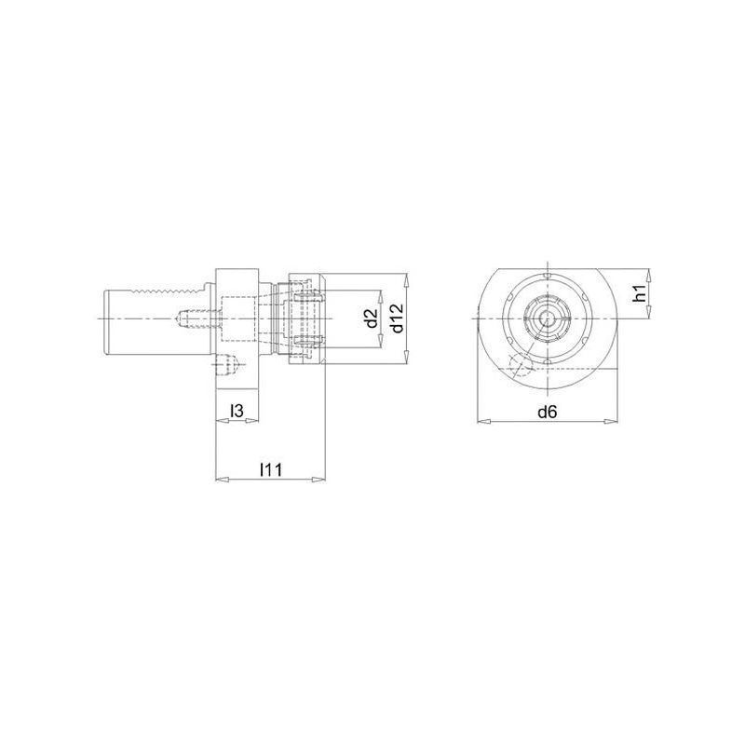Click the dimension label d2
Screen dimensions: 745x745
[372, 318]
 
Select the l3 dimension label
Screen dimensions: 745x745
[237, 411]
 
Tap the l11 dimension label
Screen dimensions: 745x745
[271, 470]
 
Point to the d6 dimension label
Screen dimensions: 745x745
[547, 412]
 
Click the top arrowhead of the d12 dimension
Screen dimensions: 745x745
[406, 280]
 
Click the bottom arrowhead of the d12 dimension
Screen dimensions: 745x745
[406, 358]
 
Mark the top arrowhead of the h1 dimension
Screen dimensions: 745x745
[649, 275]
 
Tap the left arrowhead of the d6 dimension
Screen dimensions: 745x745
[483, 421]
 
